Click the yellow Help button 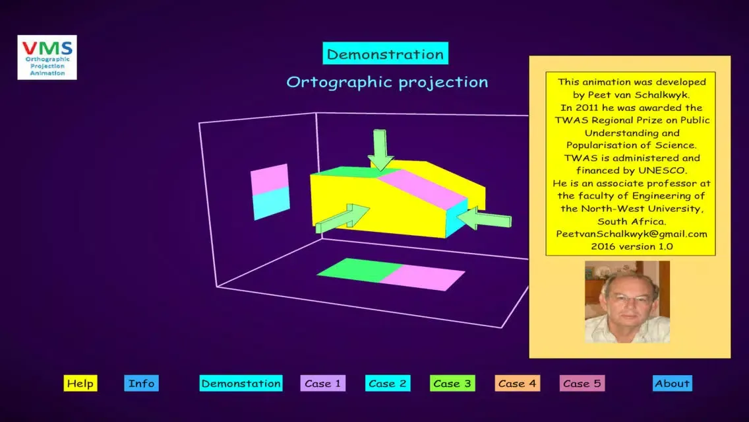(80, 383)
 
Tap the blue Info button (141, 383)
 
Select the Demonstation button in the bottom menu (241, 383)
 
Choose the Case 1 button (323, 383)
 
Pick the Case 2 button (388, 383)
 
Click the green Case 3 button (452, 383)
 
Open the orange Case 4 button (518, 383)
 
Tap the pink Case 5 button (582, 383)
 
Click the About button (672, 383)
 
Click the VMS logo (47, 57)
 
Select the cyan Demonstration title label (386, 53)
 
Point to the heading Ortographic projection (388, 82)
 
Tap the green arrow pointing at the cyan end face (484, 219)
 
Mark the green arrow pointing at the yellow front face (342, 219)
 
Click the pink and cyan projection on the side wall (270, 192)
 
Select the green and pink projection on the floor (391, 274)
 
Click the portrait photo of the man (627, 302)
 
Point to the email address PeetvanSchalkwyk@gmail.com (632, 234)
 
